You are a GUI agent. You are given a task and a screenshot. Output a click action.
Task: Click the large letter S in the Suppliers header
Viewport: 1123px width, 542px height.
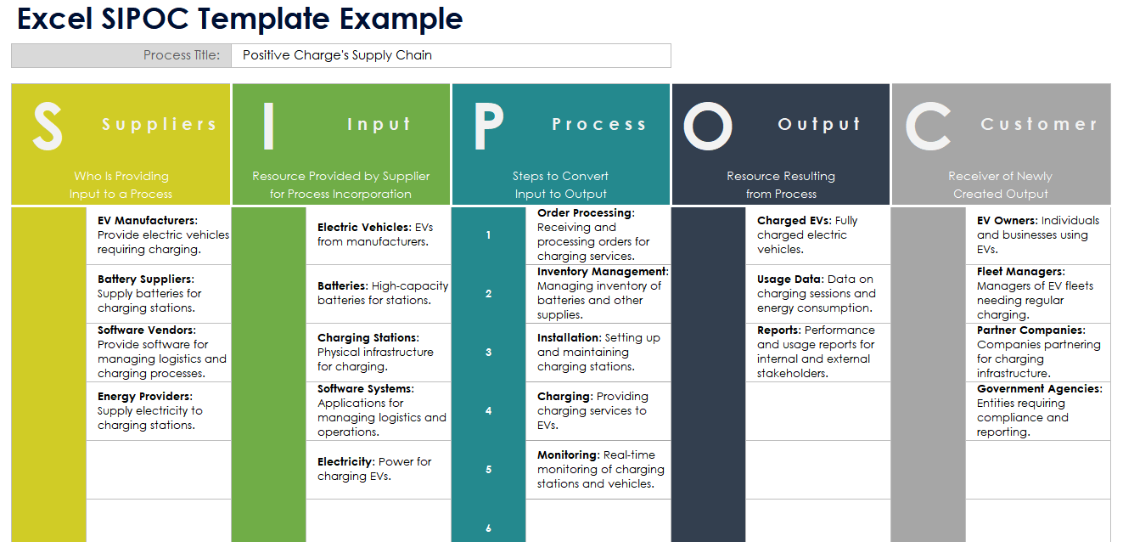(x=48, y=126)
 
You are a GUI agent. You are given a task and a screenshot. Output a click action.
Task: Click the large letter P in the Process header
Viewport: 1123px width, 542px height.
(x=488, y=126)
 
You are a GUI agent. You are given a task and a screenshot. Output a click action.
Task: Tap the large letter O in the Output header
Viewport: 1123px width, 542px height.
(x=707, y=126)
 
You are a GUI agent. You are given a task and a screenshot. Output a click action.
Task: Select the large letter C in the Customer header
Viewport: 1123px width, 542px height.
(x=928, y=126)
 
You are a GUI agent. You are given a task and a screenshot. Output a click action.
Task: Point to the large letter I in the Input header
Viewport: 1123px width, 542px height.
(x=268, y=126)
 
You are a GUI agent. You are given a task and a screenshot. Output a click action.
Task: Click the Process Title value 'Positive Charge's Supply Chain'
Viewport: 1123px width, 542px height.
(x=337, y=55)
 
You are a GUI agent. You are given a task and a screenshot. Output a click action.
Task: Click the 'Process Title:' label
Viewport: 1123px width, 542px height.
(x=182, y=55)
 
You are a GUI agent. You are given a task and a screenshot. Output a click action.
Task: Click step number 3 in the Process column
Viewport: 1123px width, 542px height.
(x=489, y=352)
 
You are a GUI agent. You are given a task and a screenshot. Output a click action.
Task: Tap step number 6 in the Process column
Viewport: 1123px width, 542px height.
(x=489, y=528)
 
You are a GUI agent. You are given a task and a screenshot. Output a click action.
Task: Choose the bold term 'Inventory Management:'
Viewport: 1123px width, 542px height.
(x=603, y=272)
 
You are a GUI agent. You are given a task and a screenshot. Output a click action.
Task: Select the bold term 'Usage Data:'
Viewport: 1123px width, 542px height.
(x=790, y=279)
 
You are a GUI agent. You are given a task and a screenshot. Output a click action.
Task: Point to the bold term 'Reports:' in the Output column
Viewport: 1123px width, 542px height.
(x=779, y=330)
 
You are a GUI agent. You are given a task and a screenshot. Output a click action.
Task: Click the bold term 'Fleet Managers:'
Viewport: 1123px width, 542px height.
(x=1020, y=272)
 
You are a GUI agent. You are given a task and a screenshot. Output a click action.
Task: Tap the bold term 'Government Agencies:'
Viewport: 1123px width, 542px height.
(x=1039, y=388)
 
